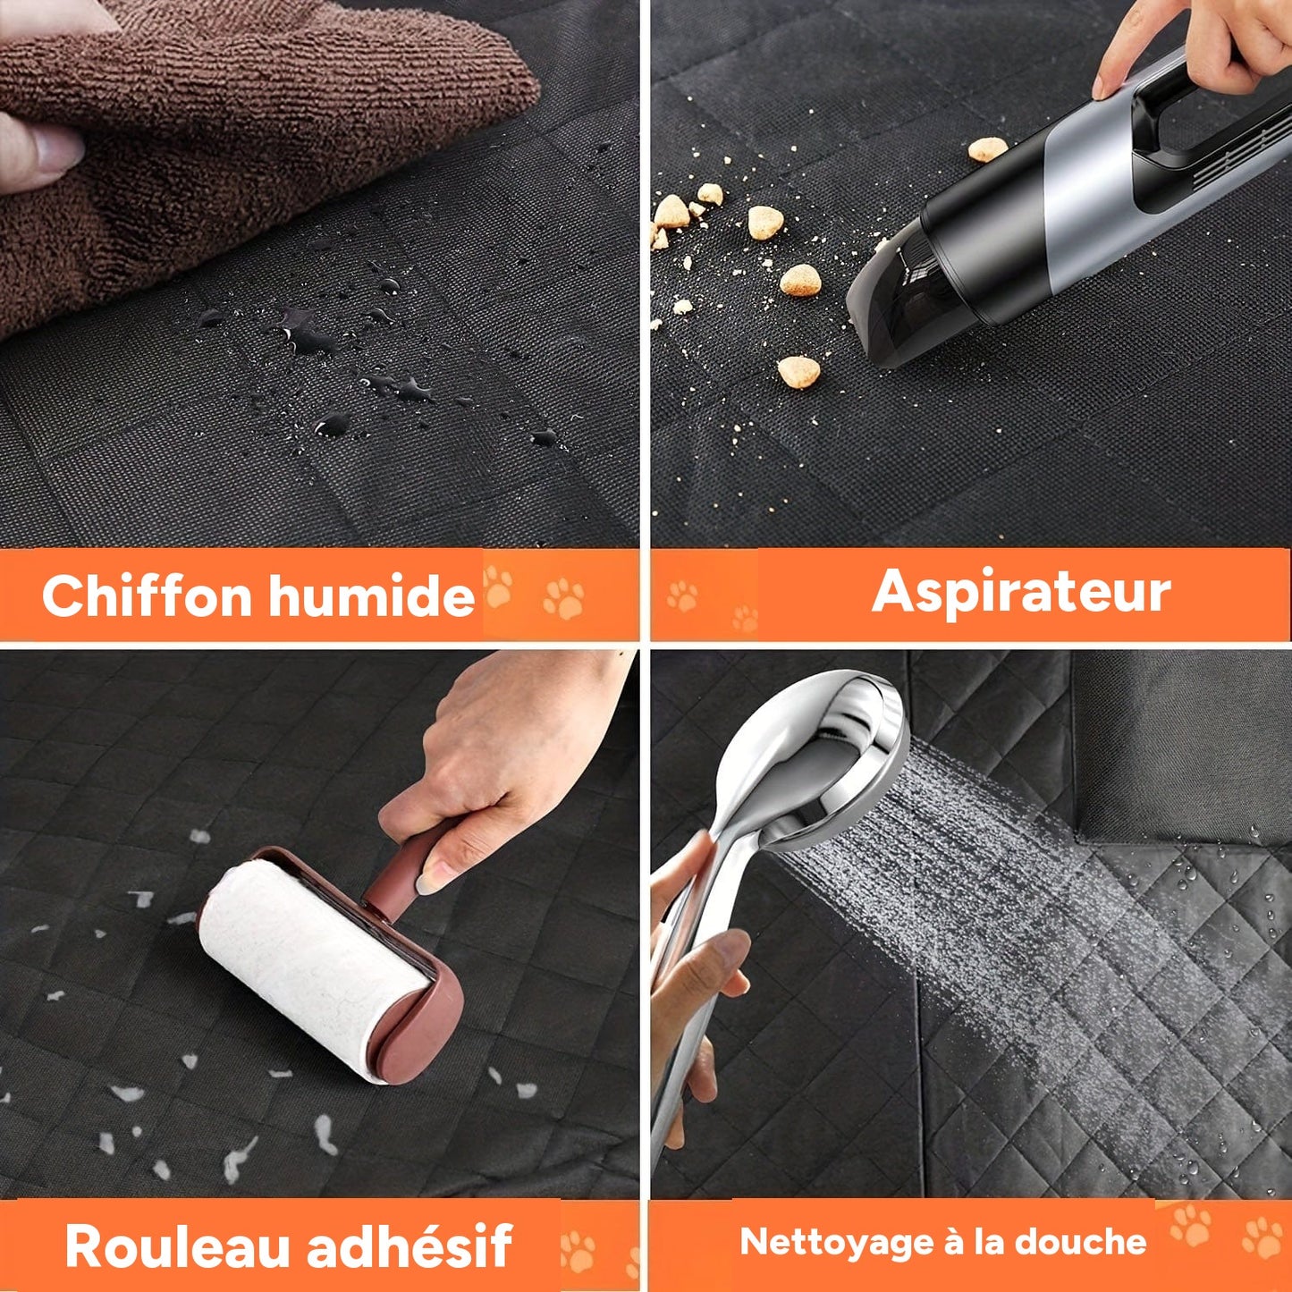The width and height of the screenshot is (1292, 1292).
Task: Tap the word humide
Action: [372, 595]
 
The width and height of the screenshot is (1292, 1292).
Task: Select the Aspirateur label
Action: [1021, 591]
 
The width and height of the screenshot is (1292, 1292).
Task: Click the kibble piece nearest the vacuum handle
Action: [988, 148]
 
